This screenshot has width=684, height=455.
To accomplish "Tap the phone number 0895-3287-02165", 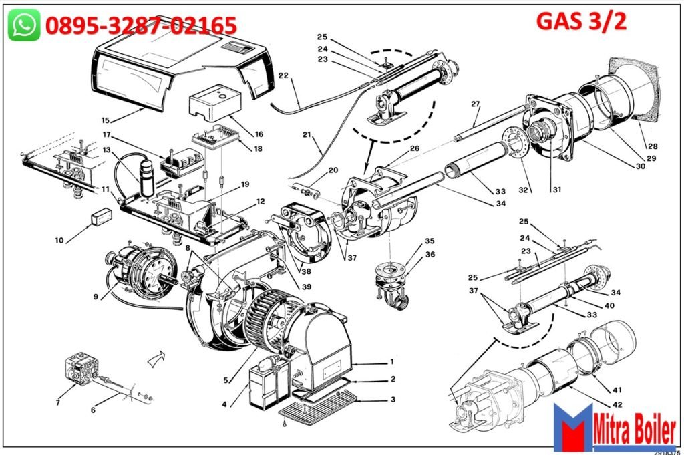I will (x=141, y=26).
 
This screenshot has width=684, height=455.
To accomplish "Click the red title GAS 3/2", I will (x=581, y=21).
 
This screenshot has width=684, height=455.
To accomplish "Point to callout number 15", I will (x=105, y=120).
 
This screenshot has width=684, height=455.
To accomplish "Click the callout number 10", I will (x=59, y=240).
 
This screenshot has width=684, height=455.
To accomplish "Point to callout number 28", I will (x=651, y=145).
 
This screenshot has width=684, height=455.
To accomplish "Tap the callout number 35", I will (x=430, y=241).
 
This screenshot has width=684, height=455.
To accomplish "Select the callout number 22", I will (x=283, y=75).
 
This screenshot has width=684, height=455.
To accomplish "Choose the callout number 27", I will (x=476, y=104).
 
